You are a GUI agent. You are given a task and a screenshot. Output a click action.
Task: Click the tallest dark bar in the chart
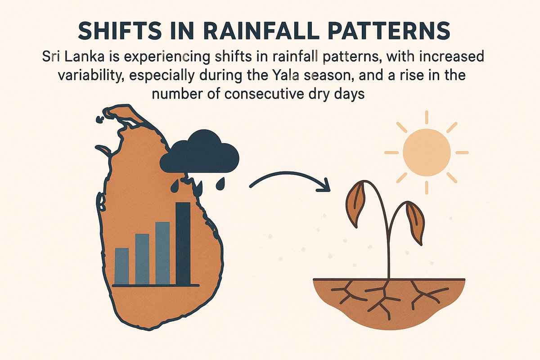183,243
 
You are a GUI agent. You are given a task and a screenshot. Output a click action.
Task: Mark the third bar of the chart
162,253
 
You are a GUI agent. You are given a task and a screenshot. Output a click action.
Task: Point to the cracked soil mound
389,299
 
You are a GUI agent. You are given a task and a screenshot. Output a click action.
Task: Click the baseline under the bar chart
156,285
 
